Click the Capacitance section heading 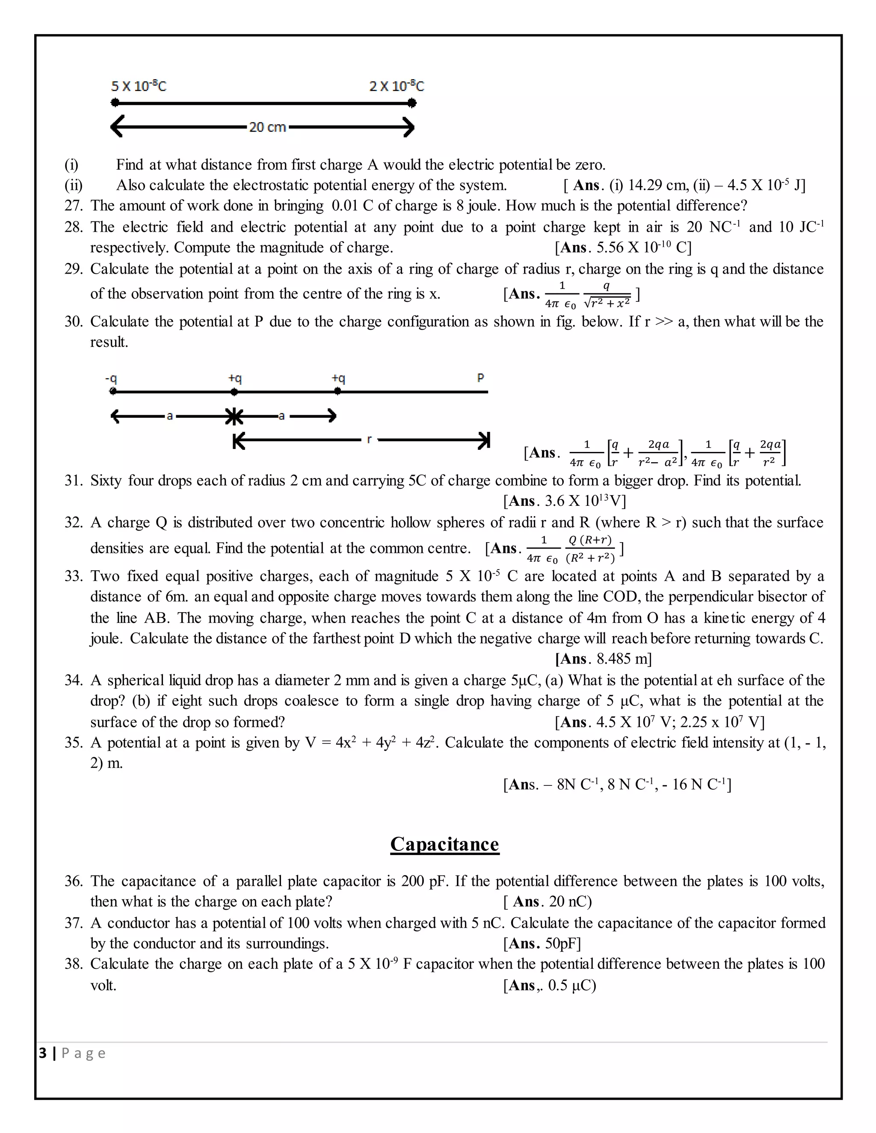[x=444, y=844]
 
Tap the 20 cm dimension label [x=267, y=127]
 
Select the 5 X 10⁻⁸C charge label [x=139, y=86]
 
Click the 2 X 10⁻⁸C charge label [x=397, y=86]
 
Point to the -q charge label [x=110, y=378]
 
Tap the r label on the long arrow [x=369, y=440]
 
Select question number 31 [x=73, y=481]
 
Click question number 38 [x=73, y=964]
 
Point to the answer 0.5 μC [x=571, y=985]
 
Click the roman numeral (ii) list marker [x=73, y=185]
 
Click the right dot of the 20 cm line [x=411, y=103]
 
